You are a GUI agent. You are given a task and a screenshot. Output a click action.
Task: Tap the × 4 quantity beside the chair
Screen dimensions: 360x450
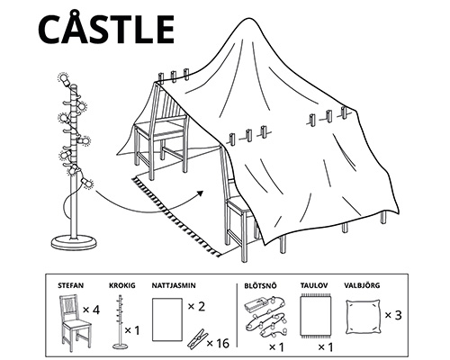90,310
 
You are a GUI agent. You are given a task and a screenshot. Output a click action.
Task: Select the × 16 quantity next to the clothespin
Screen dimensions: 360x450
220,343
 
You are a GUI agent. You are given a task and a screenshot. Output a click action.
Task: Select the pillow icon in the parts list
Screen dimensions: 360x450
363,315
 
